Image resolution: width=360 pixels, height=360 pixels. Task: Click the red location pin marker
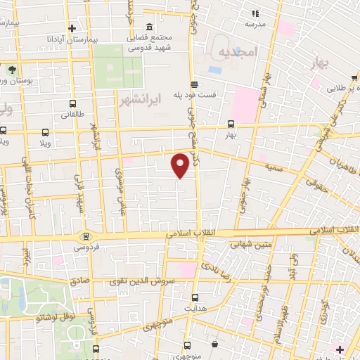tap(180, 165)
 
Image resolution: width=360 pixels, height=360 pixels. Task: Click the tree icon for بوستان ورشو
tap(12, 69)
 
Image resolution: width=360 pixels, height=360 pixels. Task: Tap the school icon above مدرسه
tap(255, 13)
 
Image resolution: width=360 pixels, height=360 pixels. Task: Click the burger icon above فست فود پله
tap(194, 84)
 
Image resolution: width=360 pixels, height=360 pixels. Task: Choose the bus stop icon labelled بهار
tap(231, 122)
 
